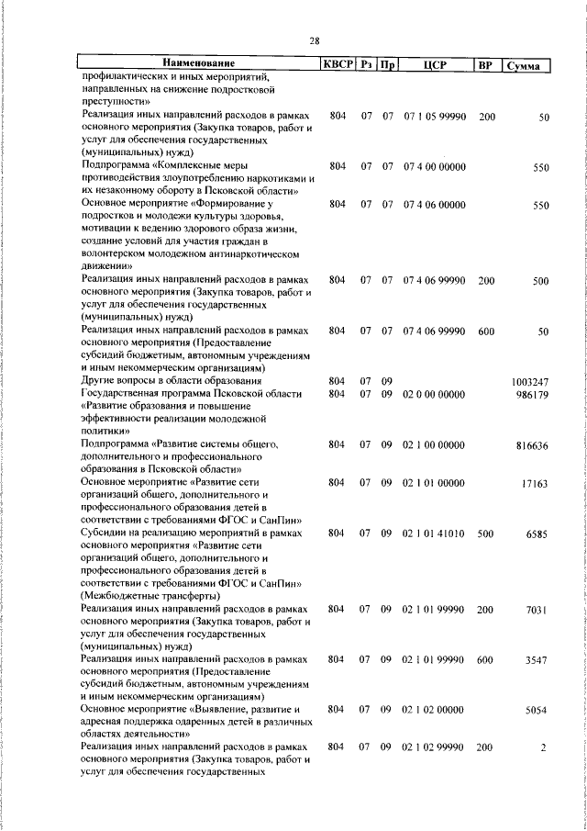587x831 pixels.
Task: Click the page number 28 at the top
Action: [314, 41]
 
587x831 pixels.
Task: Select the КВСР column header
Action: [337, 65]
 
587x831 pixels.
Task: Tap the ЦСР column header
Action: [434, 65]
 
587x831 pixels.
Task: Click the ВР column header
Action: [485, 65]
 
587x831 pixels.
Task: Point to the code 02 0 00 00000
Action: [435, 394]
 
